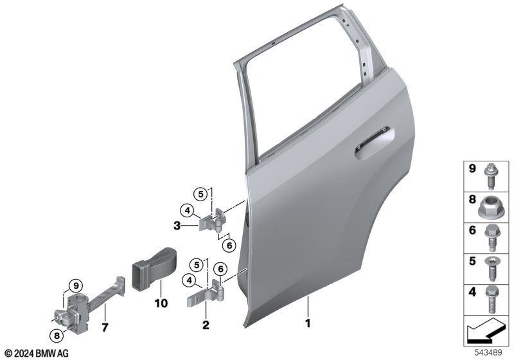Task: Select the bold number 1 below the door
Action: click(308, 323)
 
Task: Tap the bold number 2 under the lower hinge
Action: click(206, 325)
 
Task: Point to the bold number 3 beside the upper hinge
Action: click(177, 226)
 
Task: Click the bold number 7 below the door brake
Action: click(105, 327)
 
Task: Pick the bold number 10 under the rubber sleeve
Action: click(161, 303)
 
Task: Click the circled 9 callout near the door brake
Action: click(76, 285)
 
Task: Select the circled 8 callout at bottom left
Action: click(57, 336)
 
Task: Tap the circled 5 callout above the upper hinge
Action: click(200, 194)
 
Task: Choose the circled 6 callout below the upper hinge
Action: click(229, 245)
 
